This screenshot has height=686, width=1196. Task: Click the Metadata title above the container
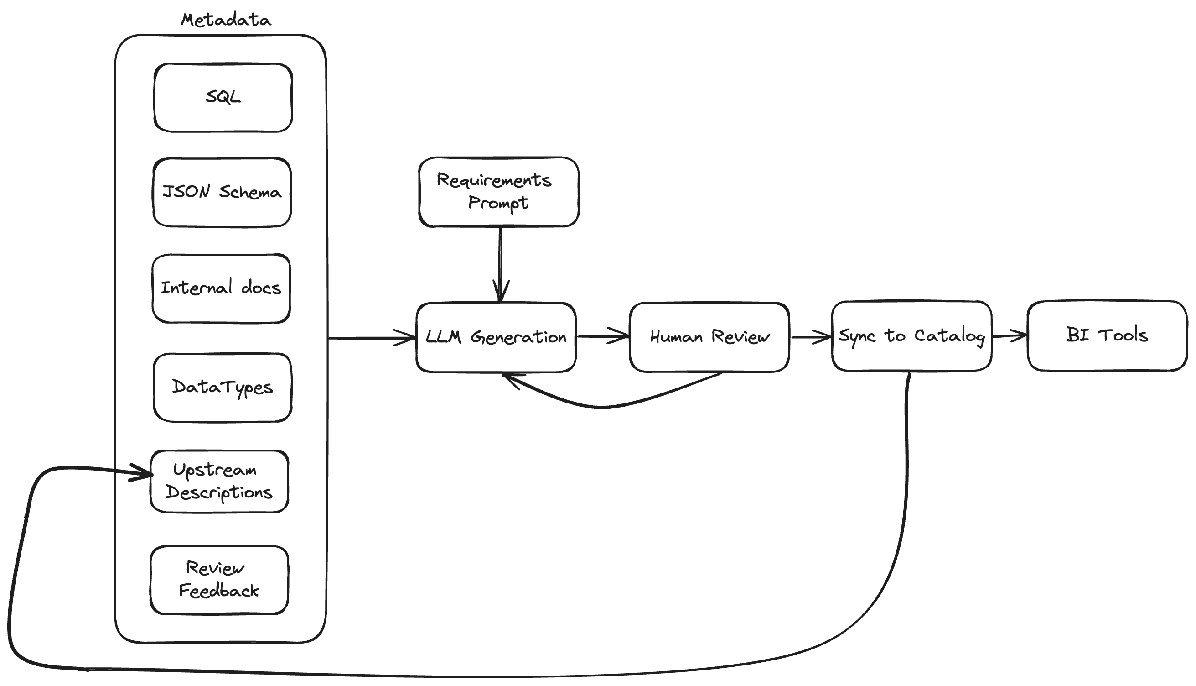[225, 20]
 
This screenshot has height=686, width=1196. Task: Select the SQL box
[223, 98]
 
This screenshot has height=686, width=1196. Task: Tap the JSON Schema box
[222, 192]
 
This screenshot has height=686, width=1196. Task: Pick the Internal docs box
[221, 288]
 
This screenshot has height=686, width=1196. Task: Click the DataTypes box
[222, 388]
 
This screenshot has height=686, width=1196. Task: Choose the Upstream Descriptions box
[219, 481]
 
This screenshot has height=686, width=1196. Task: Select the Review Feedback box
[219, 580]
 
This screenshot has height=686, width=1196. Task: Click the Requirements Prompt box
[498, 192]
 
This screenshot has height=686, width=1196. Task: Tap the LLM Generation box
[496, 337]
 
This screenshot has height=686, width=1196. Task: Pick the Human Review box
[709, 337]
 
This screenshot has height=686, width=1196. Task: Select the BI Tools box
[1107, 335]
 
